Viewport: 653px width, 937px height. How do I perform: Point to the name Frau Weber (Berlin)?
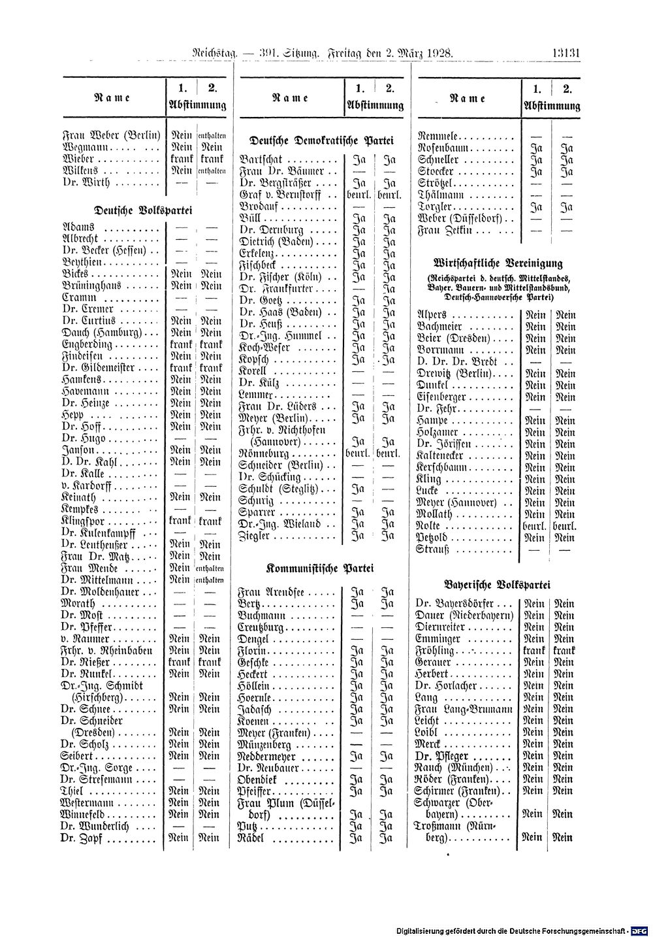pos(111,136)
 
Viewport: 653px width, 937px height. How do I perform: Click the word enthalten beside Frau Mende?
pos(210,568)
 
